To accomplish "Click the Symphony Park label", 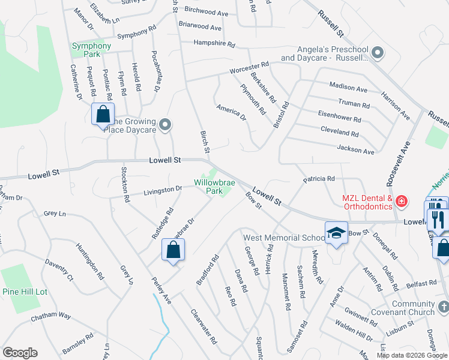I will click(x=91, y=50).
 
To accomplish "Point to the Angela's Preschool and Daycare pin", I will click(x=378, y=53).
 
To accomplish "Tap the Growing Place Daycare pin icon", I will click(x=166, y=125).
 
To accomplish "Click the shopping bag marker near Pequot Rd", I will click(x=103, y=114).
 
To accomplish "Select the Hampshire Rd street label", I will click(x=214, y=44).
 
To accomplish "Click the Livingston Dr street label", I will click(x=162, y=191).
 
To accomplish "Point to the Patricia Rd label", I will click(x=318, y=179).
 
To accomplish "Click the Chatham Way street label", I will click(x=51, y=316).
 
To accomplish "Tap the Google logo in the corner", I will click(x=20, y=353).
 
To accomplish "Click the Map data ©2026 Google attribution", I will click(x=412, y=355).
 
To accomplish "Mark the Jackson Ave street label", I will click(x=355, y=149).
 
